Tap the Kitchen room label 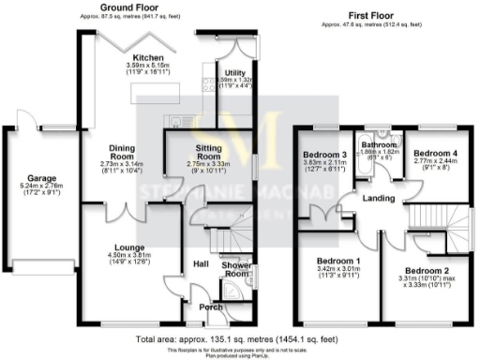pos(125,55)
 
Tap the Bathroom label pos(381,145)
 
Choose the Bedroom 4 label pos(436,153)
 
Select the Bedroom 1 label pos(338,260)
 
